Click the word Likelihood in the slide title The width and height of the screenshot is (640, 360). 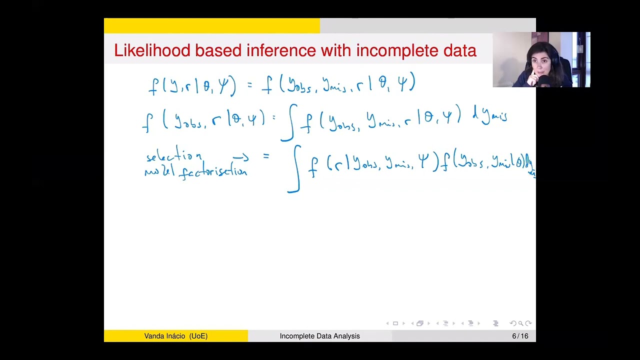[152, 50]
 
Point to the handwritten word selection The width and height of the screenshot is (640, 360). [174, 156]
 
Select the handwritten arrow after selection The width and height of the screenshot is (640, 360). [240, 158]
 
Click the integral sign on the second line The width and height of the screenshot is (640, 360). [289, 122]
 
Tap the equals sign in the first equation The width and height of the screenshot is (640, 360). [250, 85]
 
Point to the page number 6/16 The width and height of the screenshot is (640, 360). [520, 336]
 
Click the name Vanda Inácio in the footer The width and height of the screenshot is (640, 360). [165, 336]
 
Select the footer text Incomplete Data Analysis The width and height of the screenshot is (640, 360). [319, 336]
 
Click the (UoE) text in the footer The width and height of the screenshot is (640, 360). [198, 336]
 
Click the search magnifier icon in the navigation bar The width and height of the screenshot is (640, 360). [520, 323]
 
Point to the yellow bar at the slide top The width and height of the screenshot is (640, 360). [211, 25]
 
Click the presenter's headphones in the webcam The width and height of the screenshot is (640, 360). [554, 59]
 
